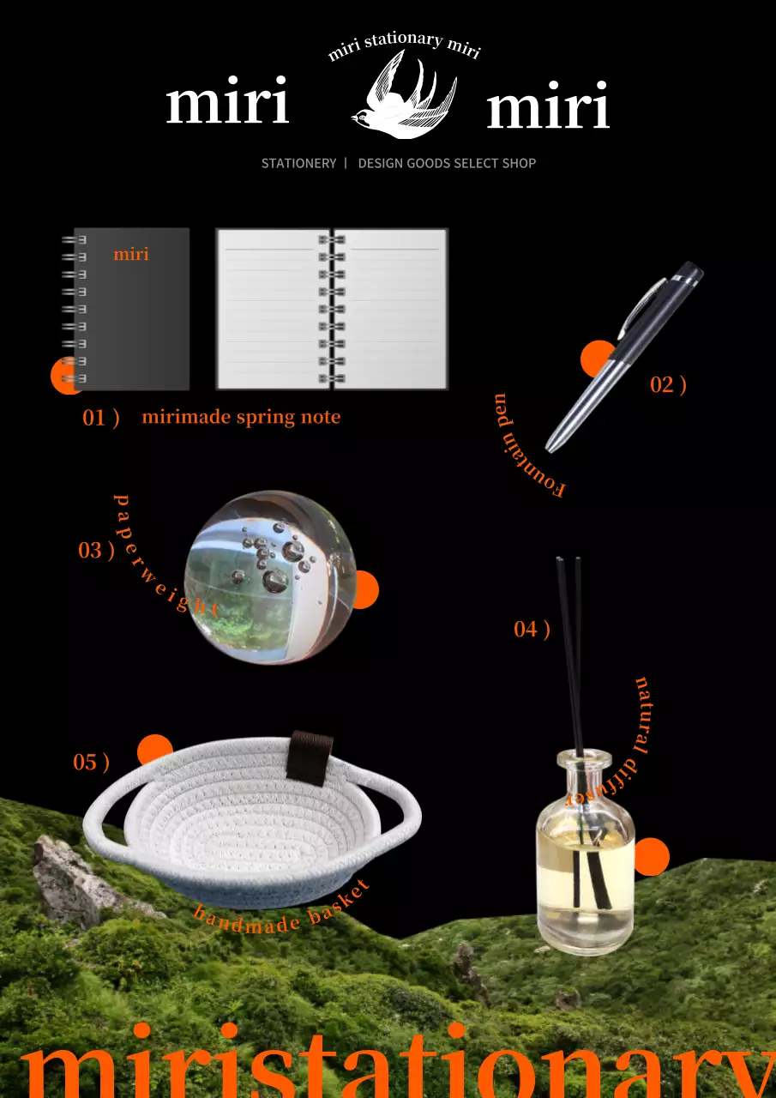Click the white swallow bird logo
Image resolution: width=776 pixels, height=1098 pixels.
[x=405, y=95]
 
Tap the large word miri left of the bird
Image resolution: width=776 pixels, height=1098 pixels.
[x=227, y=100]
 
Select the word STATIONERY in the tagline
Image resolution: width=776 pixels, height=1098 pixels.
[x=299, y=163]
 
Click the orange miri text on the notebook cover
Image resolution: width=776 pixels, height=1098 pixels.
[x=131, y=254]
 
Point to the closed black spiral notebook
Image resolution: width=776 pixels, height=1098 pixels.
[x=126, y=310]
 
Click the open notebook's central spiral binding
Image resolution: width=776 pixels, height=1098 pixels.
[x=332, y=310]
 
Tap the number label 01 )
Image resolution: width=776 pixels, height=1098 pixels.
[x=100, y=418]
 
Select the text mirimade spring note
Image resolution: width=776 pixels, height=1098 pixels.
[x=241, y=417]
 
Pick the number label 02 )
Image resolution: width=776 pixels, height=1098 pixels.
[x=668, y=385]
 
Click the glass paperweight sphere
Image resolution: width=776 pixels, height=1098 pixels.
[x=270, y=578]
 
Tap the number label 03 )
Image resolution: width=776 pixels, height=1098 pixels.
[x=97, y=551]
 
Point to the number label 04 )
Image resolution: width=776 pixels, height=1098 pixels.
[x=532, y=630]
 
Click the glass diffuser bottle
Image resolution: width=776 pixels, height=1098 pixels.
[x=586, y=852]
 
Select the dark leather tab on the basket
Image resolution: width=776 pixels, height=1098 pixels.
[x=310, y=757]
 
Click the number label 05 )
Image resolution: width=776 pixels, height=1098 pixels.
[x=91, y=763]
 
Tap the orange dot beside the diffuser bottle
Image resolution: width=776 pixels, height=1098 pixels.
[x=652, y=856]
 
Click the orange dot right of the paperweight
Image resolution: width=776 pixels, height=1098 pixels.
[x=365, y=589]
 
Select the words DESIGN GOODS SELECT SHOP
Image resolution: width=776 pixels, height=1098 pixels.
[x=447, y=163]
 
